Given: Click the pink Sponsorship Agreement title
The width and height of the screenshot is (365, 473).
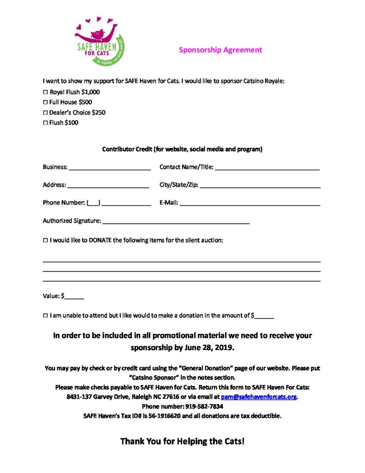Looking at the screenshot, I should (220, 50).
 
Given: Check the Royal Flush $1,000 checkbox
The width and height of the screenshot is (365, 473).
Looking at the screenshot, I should (45, 92).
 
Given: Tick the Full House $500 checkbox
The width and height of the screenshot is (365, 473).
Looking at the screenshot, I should (45, 102).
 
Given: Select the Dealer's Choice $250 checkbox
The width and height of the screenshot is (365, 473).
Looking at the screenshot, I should (45, 112).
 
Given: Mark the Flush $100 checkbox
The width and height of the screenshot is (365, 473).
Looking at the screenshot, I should (45, 123).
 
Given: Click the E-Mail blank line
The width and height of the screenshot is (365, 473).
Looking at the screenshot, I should (250, 204).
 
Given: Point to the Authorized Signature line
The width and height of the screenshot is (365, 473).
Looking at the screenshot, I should (176, 222).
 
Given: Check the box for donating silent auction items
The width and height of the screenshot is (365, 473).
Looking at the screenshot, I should (45, 240).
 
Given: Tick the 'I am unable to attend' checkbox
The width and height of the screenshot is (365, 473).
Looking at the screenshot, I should (45, 315).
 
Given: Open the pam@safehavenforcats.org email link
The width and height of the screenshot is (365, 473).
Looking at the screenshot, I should (258, 397).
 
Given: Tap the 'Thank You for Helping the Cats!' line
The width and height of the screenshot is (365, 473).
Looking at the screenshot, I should (182, 441).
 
